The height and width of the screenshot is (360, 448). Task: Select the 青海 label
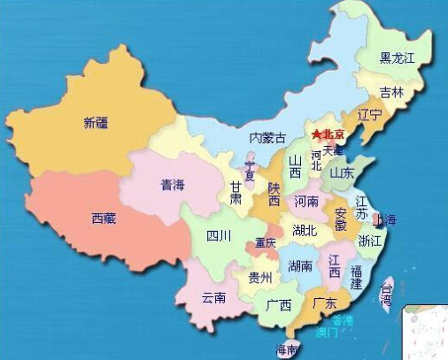(x=172, y=185)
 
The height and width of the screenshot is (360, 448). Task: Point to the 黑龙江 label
(x=398, y=58)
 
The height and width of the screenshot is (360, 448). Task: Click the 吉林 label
(x=391, y=92)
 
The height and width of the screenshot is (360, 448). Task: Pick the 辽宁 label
(x=369, y=115)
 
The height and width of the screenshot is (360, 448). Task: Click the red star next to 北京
(x=316, y=134)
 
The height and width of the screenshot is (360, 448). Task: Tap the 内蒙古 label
(x=267, y=138)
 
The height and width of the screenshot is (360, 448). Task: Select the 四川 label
(x=218, y=235)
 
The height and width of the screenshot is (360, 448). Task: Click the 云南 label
(x=214, y=297)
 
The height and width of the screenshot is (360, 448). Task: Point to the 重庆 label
(x=266, y=241)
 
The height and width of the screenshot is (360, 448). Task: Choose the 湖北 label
(x=305, y=230)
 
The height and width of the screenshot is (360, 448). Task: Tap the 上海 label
(x=386, y=219)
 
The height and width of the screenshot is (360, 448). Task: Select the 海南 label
(x=288, y=349)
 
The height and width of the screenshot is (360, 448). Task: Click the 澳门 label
(x=326, y=333)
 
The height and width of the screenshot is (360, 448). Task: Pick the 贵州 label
(x=259, y=278)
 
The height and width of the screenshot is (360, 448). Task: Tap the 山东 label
(x=342, y=173)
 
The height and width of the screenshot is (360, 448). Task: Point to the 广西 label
(x=279, y=305)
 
